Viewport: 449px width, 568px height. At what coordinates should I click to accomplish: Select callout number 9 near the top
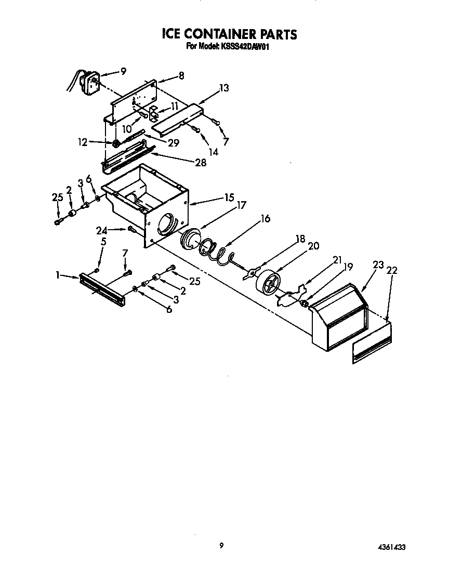pyautogui.click(x=123, y=72)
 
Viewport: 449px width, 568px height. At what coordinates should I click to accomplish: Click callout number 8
pyautogui.click(x=181, y=76)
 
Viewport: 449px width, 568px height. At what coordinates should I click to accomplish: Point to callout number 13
pyautogui.click(x=224, y=88)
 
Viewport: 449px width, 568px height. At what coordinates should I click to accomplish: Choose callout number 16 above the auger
pyautogui.click(x=265, y=219)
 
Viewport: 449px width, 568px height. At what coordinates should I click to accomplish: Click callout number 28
pyautogui.click(x=200, y=163)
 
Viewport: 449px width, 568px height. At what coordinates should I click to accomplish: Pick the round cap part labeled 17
pyautogui.click(x=189, y=240)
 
